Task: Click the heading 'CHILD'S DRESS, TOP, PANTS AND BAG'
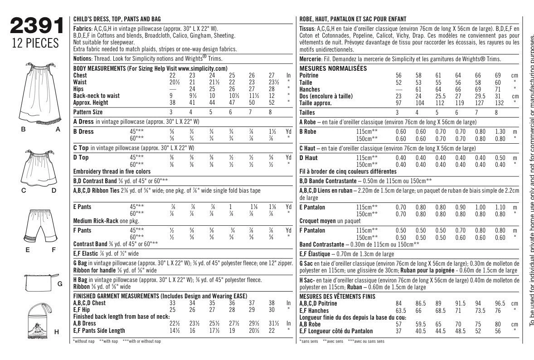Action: [x=117, y=19]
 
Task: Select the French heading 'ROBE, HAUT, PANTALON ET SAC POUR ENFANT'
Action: [x=353, y=19]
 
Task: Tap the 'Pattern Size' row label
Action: [x=88, y=112]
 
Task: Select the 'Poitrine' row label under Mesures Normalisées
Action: [x=309, y=76]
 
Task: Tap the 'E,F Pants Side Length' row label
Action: [x=99, y=331]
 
